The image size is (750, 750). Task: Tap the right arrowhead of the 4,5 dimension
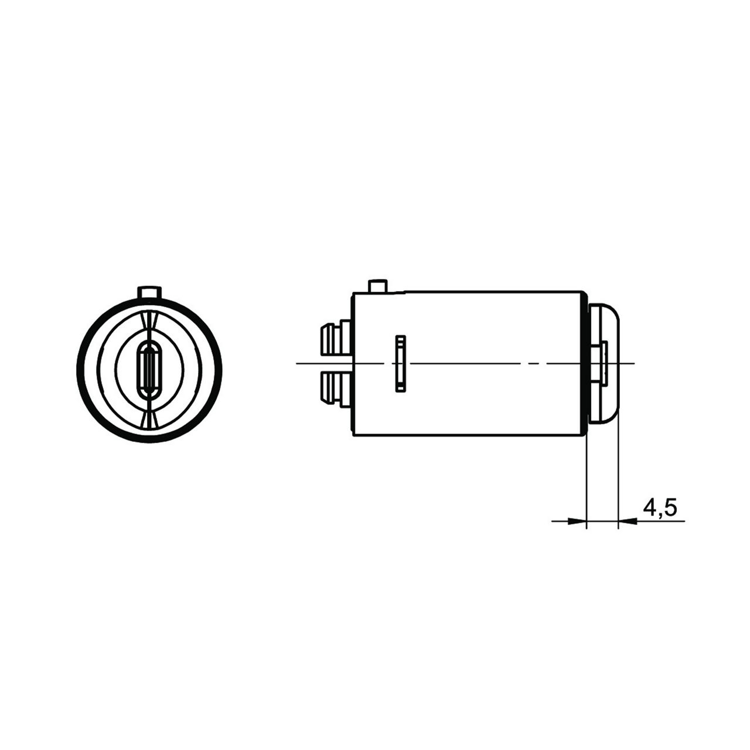point(628,521)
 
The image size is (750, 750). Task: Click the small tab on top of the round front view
point(149,293)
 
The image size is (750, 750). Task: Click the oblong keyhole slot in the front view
point(149,369)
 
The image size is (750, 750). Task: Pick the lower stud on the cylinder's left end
point(336,390)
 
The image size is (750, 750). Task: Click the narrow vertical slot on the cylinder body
point(401,363)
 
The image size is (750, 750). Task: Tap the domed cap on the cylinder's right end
point(604,363)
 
